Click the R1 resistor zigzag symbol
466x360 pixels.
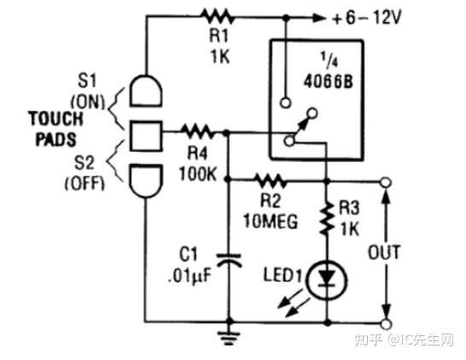(216, 15)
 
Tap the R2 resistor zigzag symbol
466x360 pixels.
(271, 180)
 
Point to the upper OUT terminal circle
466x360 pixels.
(385, 182)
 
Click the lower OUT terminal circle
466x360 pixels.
(385, 323)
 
